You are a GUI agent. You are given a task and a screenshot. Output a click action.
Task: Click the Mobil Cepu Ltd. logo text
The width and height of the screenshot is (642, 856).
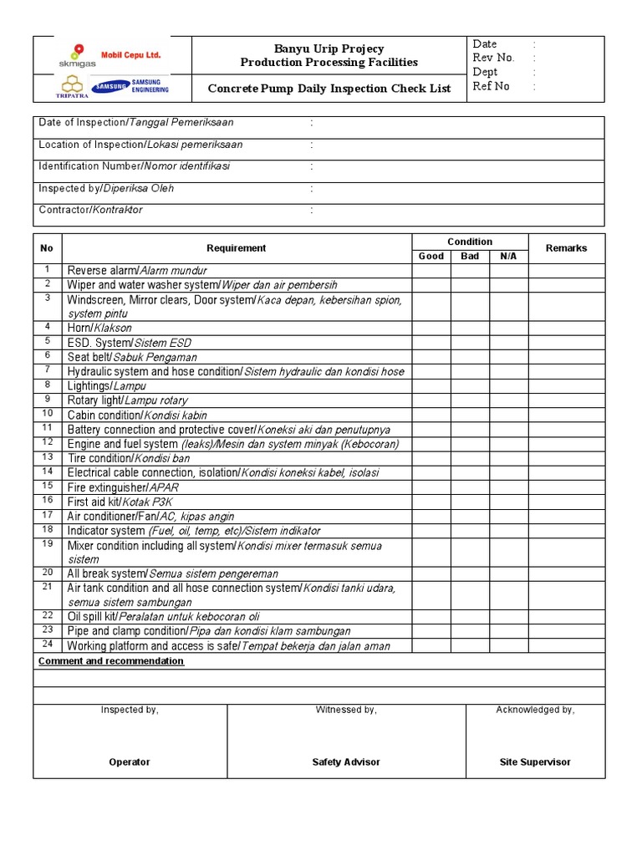[x=130, y=55]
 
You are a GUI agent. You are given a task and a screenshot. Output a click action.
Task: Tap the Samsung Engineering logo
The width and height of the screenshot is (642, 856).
[x=130, y=86]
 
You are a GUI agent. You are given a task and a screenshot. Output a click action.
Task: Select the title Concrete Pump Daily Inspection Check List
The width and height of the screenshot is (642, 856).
[x=329, y=89]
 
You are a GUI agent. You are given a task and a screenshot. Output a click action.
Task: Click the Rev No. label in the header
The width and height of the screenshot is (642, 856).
[x=493, y=58]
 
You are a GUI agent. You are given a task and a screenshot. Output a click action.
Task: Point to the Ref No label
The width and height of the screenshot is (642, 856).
[x=491, y=86]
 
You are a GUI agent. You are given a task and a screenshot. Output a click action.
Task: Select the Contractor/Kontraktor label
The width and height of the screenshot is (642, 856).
[x=90, y=210]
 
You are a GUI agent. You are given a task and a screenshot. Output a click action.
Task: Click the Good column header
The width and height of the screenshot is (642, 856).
[x=431, y=256]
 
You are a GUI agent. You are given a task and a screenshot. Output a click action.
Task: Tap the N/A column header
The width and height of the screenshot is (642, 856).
[x=508, y=256]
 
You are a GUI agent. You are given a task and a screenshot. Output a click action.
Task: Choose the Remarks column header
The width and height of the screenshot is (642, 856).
[x=566, y=248]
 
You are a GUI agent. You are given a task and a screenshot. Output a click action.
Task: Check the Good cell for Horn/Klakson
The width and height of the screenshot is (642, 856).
[x=431, y=328]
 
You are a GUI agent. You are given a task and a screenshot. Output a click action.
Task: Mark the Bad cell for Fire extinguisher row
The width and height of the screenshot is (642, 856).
[x=470, y=487]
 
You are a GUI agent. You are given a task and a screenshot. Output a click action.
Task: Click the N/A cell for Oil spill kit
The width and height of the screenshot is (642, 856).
[x=508, y=616]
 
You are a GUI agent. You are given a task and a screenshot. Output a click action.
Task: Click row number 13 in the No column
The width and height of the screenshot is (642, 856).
[x=48, y=458]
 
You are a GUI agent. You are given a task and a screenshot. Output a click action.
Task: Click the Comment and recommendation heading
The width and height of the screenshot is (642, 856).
[x=111, y=661]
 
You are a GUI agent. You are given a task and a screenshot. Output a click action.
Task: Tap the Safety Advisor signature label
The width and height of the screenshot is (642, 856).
[x=346, y=762]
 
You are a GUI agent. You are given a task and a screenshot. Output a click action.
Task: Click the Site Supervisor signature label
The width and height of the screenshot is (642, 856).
[x=535, y=762]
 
